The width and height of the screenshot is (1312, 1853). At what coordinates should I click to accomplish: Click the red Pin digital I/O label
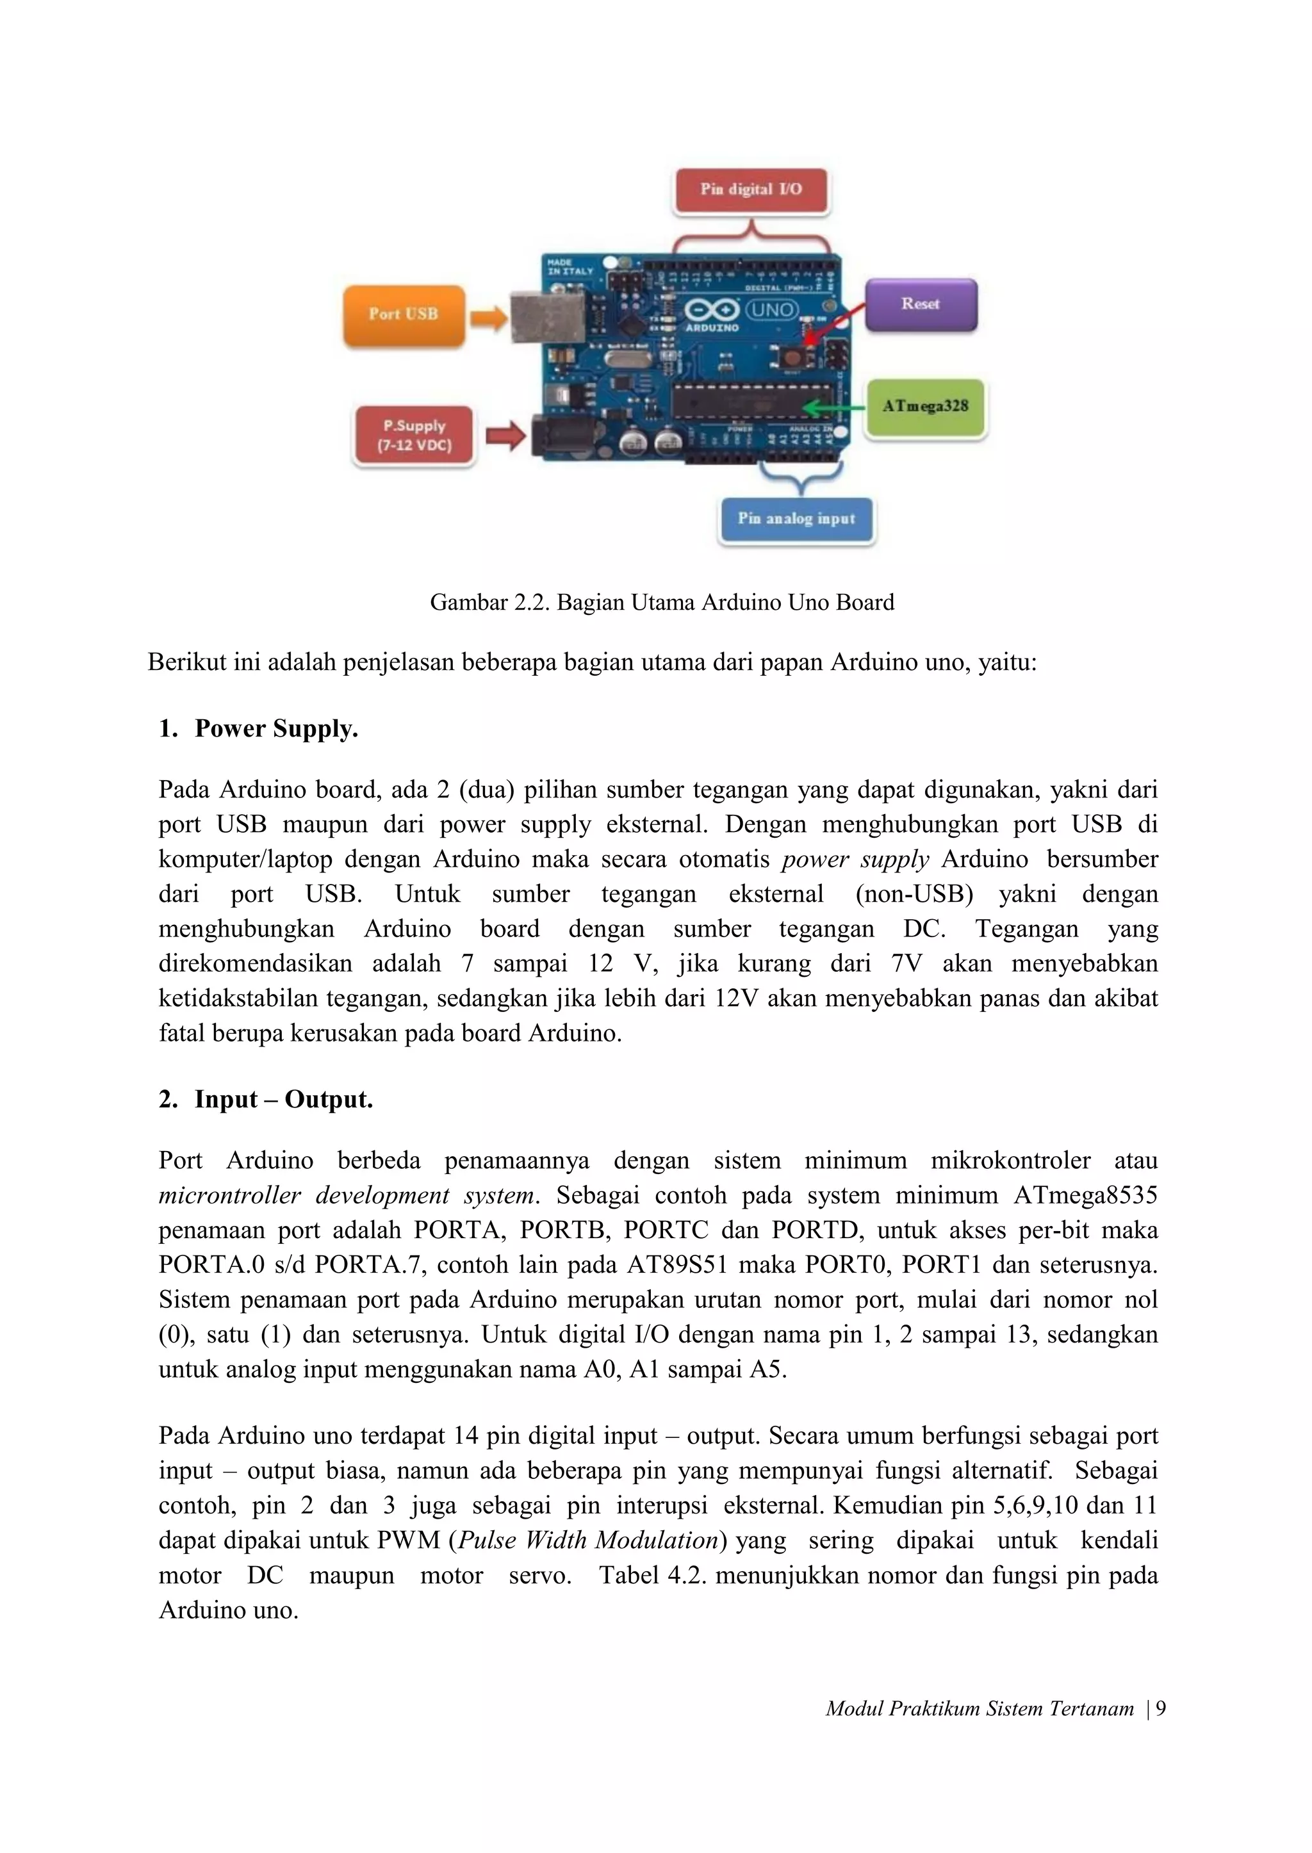[x=751, y=190]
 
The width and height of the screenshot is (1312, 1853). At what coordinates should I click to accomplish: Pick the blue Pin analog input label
[x=796, y=519]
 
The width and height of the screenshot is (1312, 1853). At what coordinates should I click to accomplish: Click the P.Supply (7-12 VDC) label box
[x=414, y=436]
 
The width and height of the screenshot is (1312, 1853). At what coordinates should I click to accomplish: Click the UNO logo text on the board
[x=771, y=310]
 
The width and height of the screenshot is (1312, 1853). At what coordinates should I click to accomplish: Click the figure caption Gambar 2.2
[x=662, y=603]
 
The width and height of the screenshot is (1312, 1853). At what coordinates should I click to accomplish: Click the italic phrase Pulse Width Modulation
[x=587, y=1540]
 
